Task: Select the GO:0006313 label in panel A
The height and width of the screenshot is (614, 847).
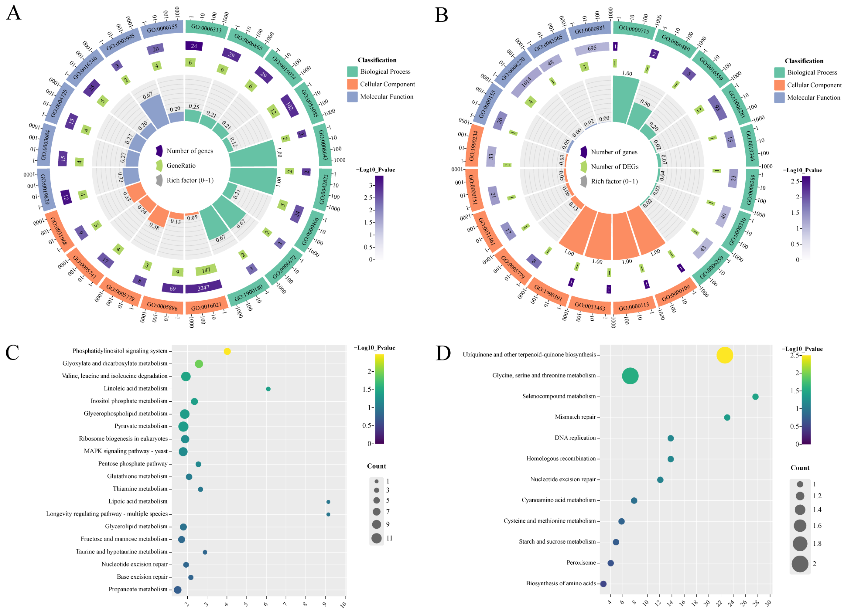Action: (206, 28)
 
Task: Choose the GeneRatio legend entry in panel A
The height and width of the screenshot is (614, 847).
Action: (181, 165)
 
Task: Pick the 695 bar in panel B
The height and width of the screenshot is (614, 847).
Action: (592, 48)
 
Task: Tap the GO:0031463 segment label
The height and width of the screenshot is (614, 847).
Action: (590, 307)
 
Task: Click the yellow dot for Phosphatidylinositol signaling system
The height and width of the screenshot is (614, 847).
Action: (227, 351)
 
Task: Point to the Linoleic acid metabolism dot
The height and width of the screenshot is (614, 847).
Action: (268, 389)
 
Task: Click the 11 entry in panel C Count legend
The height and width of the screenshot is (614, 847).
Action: (377, 538)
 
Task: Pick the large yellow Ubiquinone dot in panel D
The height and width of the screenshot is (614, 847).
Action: (724, 355)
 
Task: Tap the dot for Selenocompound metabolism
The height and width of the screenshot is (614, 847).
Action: (755, 397)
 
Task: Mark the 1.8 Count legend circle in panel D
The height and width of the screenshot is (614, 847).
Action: (800, 543)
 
